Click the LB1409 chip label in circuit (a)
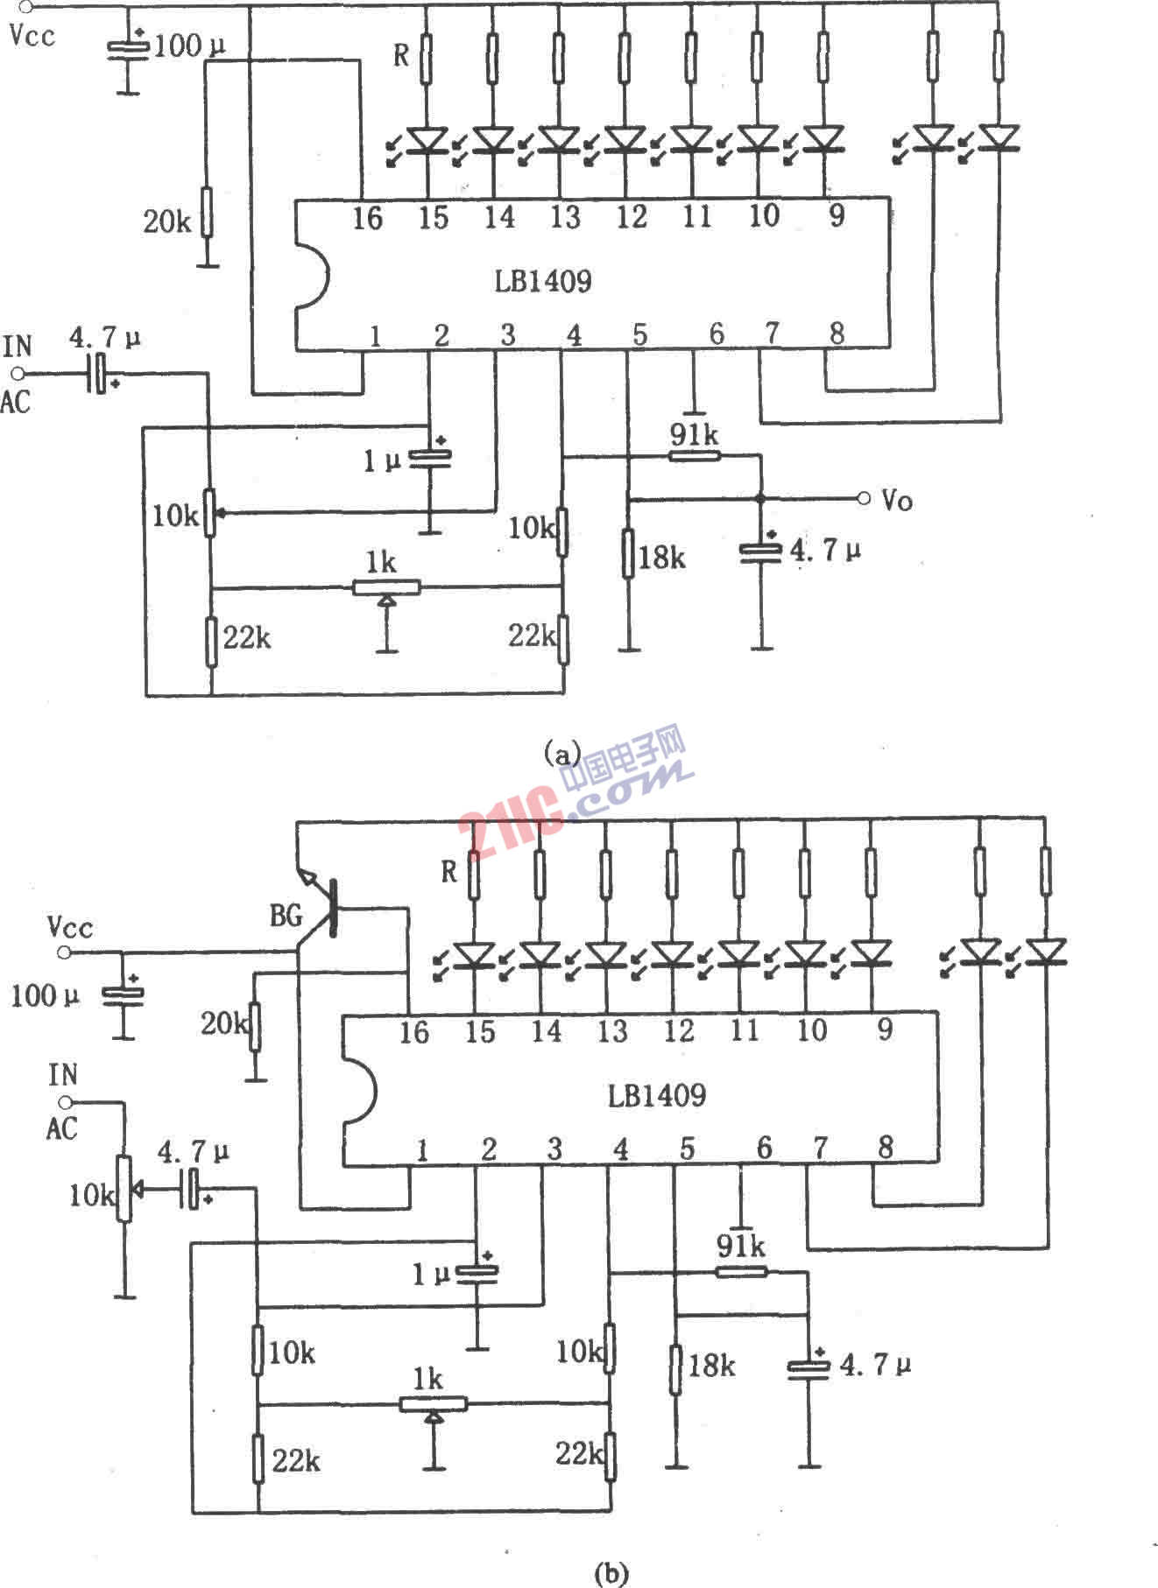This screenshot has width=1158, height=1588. (542, 281)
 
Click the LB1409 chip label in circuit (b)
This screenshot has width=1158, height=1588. (657, 1095)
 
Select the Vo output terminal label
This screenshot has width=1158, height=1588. (897, 500)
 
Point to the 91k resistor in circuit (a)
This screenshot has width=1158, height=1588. (694, 455)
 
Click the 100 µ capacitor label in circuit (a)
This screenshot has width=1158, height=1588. (189, 46)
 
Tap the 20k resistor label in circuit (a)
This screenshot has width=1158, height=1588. (167, 221)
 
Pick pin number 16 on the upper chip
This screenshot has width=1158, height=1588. (368, 217)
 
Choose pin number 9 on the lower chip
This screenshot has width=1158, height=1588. (885, 1029)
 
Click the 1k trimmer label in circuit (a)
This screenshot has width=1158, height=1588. (381, 563)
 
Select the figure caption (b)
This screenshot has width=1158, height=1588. (611, 1570)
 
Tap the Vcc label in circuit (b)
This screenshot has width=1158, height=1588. (70, 927)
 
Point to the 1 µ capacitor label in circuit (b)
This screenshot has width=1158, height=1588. (431, 1275)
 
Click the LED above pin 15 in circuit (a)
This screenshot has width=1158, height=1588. (427, 139)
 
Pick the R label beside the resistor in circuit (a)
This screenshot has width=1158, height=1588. (401, 55)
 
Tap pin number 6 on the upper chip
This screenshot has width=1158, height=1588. (717, 334)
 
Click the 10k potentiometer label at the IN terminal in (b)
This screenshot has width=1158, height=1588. (92, 1195)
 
